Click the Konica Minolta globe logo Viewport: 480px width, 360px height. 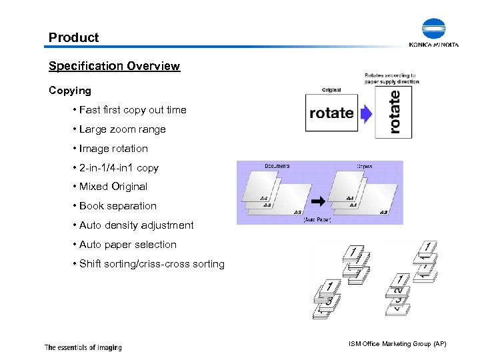coord(433,30)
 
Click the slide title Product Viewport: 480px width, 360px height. coord(73,38)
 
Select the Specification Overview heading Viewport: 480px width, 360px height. coord(114,66)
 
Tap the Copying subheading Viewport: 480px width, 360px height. coord(70,90)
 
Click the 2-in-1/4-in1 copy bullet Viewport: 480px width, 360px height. coord(119,168)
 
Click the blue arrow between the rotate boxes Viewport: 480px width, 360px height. coord(366,114)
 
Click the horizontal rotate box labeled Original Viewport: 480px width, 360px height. coord(331,113)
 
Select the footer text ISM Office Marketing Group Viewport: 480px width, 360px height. coord(397,343)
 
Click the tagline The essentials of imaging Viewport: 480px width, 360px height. coord(83,347)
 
